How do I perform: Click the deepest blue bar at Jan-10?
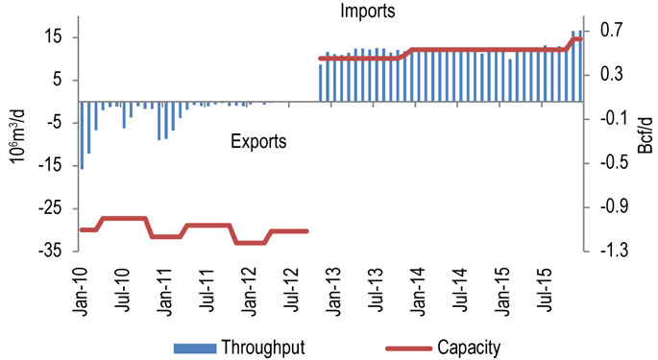[x=82, y=134]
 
